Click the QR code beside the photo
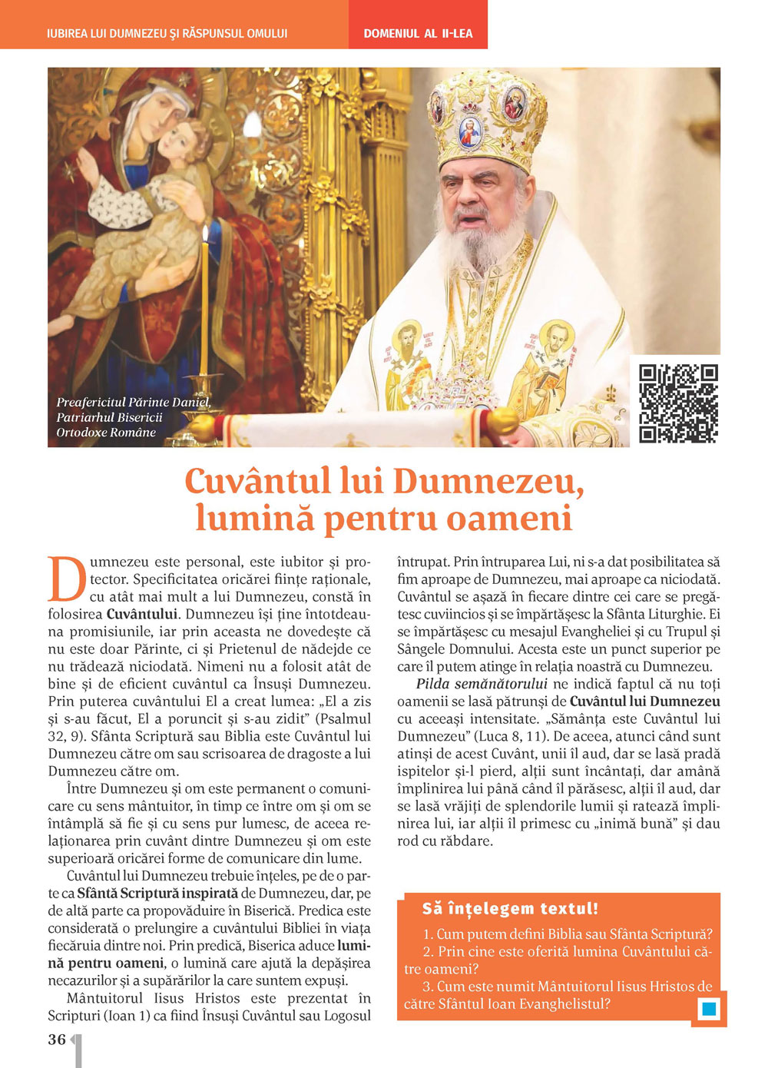678,403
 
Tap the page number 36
57,1040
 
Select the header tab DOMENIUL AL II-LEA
418,33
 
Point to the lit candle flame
205,234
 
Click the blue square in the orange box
709,1009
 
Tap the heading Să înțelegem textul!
509,908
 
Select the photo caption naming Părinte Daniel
133,417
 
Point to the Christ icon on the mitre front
469,131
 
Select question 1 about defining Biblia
568,934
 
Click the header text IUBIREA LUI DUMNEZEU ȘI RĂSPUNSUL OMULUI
167,33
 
